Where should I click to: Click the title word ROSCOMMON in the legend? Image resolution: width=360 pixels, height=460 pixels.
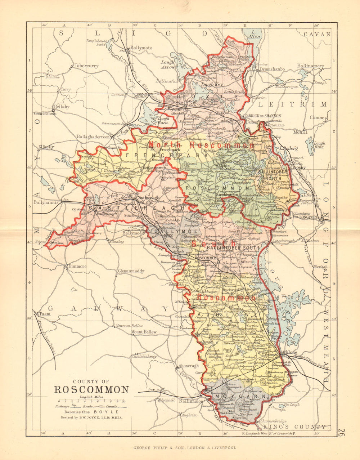coord(91,390)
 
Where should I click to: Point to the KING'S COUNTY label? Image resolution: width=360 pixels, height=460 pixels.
coord(294,427)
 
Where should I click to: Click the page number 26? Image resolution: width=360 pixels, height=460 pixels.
coord(342,433)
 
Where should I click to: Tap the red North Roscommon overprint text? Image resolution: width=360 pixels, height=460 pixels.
coord(201,145)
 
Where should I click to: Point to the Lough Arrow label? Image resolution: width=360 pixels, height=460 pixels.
coord(168,64)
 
